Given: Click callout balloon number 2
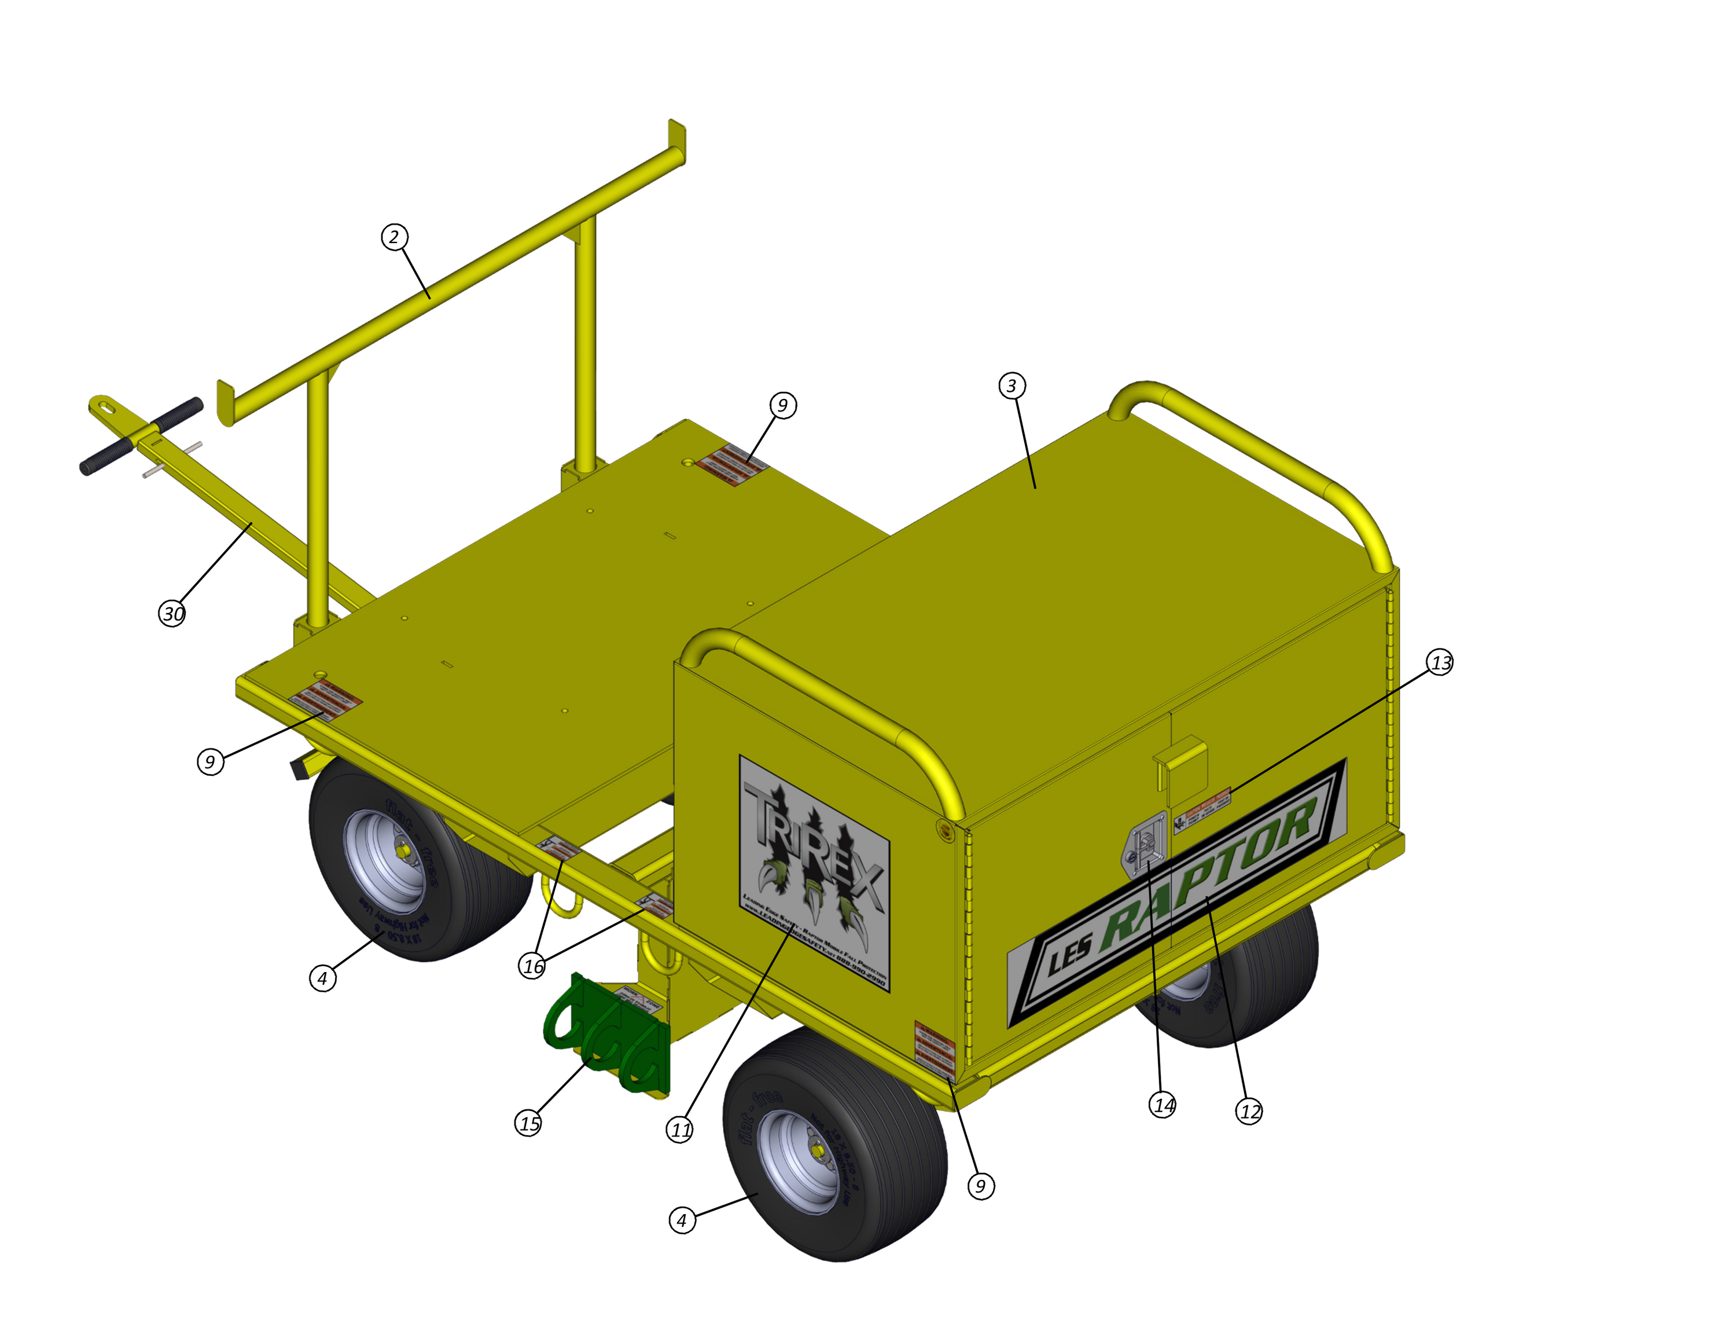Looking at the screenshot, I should pyautogui.click(x=394, y=237).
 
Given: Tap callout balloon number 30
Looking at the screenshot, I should pyautogui.click(x=172, y=614).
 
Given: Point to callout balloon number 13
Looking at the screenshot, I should pyautogui.click(x=1440, y=662).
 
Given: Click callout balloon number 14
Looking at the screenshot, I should pyautogui.click(x=1163, y=1105).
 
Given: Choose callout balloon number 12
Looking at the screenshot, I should pyautogui.click(x=1249, y=1112).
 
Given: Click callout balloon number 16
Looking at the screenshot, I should pyautogui.click(x=532, y=966).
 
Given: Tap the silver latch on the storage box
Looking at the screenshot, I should pyautogui.click(x=1145, y=846).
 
